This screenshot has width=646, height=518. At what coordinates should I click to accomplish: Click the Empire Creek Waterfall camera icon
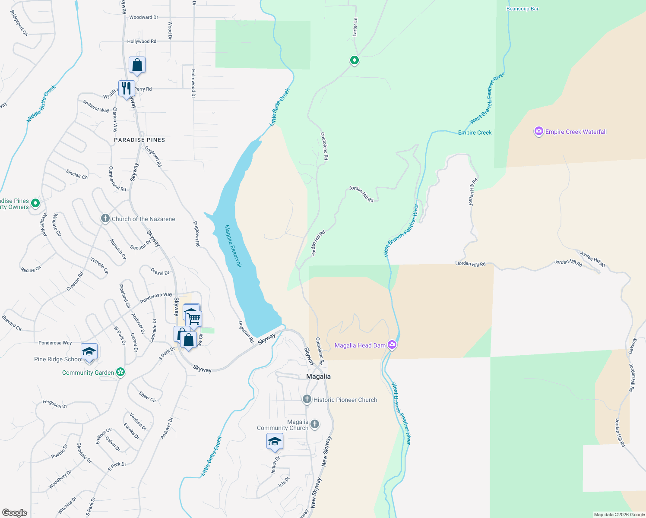538,132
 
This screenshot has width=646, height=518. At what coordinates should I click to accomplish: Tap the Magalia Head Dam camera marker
392,344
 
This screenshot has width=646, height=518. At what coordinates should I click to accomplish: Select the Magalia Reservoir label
233,246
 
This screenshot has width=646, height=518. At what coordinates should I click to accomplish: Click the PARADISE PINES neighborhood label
139,140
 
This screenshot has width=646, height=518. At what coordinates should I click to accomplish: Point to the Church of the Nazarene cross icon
105,218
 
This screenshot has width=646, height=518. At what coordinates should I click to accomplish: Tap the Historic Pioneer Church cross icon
307,399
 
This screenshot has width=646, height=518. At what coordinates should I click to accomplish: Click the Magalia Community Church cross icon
315,424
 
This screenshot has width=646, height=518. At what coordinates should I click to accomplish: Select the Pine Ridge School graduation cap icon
89,352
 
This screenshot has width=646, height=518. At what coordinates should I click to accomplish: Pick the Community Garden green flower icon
120,372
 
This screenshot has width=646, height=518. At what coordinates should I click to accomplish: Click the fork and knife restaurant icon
127,88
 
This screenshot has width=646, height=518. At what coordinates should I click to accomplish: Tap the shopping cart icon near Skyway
194,319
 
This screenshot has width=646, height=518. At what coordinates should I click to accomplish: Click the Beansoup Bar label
522,9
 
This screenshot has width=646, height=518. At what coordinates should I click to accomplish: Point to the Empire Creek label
475,133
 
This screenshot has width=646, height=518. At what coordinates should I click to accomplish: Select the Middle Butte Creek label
41,104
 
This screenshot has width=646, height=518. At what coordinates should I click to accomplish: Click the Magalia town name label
318,376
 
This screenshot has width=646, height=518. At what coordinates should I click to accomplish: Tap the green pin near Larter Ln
354,60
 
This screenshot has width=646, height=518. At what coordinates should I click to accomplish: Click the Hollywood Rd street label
142,41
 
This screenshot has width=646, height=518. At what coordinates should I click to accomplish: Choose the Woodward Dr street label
144,17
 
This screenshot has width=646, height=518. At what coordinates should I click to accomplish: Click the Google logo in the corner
15,513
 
